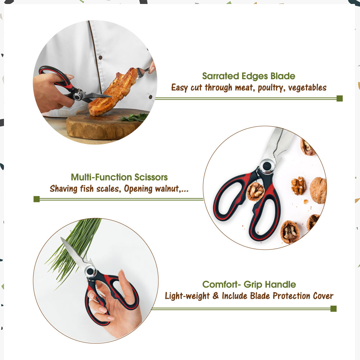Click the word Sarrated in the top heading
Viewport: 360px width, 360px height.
[220, 76]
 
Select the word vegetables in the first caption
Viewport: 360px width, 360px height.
[307, 87]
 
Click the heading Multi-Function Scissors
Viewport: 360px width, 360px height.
[119, 177]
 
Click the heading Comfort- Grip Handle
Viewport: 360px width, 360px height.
[249, 284]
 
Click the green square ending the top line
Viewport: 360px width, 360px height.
[339, 99]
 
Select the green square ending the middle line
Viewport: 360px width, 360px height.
[36, 199]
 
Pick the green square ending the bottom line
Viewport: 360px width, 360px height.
[333, 309]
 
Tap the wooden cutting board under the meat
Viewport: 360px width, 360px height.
[103, 125]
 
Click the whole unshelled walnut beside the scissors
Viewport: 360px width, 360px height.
[318, 190]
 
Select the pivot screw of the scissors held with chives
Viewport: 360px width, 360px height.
[90, 271]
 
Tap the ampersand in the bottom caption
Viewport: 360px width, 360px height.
[216, 296]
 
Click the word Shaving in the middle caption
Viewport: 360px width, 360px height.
[64, 189]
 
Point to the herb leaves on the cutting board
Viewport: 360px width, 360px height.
[134, 117]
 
